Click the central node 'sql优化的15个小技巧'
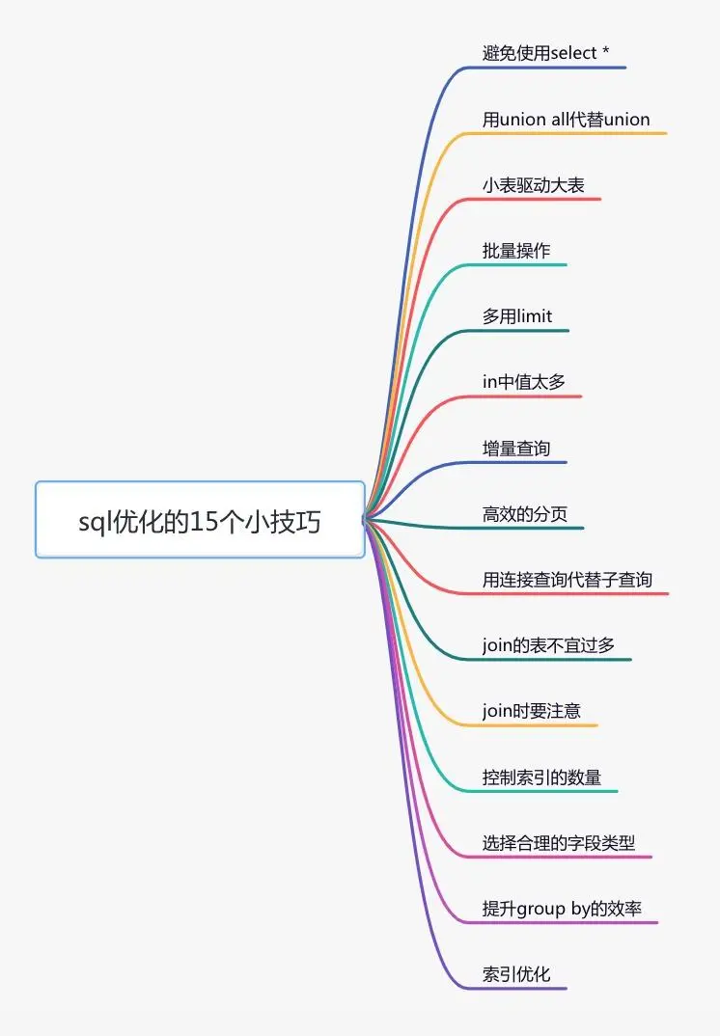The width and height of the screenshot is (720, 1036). (200, 520)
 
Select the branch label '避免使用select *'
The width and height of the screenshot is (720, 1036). (545, 53)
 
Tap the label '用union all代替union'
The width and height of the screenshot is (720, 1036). (566, 120)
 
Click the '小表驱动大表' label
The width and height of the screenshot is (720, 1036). (533, 185)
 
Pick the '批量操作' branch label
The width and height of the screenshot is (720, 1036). (515, 251)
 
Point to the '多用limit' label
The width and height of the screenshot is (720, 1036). (517, 316)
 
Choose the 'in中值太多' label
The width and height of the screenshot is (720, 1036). (524, 382)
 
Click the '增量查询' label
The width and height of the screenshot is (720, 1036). (515, 449)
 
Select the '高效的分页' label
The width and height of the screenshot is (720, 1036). (524, 514)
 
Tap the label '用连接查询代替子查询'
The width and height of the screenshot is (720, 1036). (568, 580)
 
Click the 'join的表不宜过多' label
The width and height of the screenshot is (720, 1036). (548, 645)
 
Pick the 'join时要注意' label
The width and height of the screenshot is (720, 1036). (531, 711)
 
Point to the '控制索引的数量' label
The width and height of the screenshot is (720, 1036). (541, 777)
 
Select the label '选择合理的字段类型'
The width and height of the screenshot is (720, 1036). (558, 843)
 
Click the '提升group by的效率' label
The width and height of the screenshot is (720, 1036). (562, 909)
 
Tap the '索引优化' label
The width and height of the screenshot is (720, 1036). (515, 974)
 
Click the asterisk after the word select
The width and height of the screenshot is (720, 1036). (605, 50)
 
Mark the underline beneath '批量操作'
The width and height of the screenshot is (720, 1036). (513, 265)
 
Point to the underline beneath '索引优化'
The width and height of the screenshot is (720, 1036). (513, 989)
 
